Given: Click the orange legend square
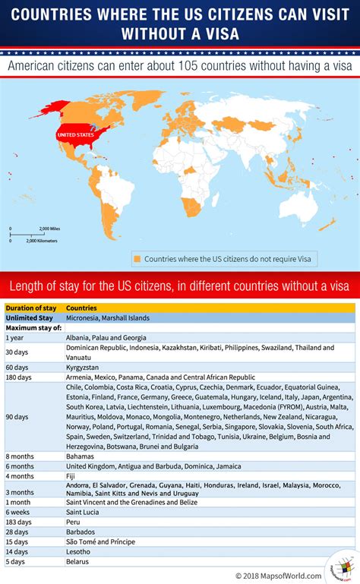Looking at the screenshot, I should (x=137, y=258).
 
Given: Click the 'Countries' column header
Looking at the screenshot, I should (x=81, y=308).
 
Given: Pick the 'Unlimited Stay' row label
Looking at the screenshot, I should (x=29, y=318).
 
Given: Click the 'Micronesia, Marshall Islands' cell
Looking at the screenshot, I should (x=108, y=318).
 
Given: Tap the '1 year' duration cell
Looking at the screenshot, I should (x=14, y=337).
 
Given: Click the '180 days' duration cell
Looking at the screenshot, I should (x=18, y=377).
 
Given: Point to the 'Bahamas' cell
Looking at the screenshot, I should (x=81, y=456).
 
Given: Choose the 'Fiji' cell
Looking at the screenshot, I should (x=71, y=476).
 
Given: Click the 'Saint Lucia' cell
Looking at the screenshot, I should (x=84, y=513).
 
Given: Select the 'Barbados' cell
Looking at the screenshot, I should (x=81, y=532).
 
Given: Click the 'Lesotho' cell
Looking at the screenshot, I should (x=79, y=551).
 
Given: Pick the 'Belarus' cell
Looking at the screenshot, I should (x=78, y=561).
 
